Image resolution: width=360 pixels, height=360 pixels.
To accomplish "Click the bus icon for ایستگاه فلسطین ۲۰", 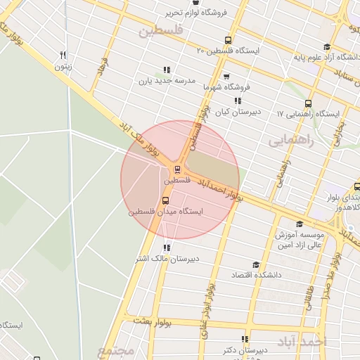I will [227, 40].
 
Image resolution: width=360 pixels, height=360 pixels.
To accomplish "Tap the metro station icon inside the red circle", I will [177, 169].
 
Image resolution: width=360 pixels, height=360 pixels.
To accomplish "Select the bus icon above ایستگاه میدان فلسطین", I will [165, 200].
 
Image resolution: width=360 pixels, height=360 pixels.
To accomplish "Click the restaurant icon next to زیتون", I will [63, 56].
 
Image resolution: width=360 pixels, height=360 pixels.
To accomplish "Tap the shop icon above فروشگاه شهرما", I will [226, 76].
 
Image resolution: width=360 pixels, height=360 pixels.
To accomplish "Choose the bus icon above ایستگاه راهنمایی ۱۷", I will [308, 103].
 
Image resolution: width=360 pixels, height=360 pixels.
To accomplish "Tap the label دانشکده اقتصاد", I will [257, 275].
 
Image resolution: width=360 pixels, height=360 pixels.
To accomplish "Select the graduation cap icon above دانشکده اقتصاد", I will [255, 264].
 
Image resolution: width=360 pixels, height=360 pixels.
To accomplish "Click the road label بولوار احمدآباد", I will [221, 188].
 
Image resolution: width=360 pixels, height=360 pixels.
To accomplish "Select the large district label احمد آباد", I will [302, 342].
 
